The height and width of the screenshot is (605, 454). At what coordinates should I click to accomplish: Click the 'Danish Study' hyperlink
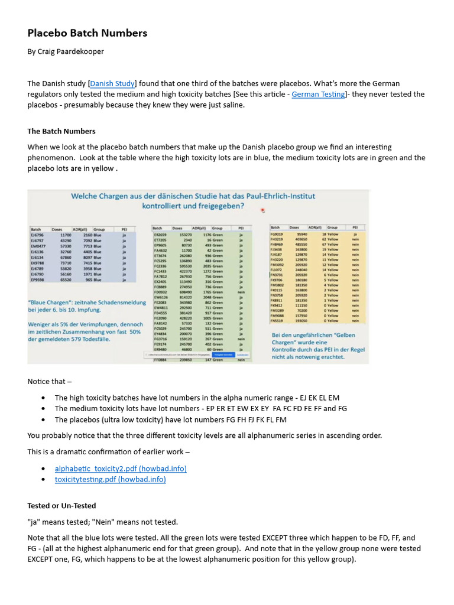[112, 84]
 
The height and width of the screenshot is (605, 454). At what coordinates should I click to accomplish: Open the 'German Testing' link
[318, 95]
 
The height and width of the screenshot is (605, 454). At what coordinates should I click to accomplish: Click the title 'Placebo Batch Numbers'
[87, 33]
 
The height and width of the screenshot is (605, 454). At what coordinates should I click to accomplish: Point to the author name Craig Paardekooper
[73, 51]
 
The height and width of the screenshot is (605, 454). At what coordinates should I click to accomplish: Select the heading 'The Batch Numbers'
[61, 131]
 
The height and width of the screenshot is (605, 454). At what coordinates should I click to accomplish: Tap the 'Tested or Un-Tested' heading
[61, 506]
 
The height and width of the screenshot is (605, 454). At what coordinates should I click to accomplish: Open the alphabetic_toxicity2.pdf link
[121, 469]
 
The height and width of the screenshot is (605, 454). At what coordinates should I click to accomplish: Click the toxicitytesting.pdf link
[110, 479]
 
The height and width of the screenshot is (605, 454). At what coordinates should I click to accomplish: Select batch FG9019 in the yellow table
[277, 234]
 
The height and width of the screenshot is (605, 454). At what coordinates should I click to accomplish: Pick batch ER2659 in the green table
[160, 235]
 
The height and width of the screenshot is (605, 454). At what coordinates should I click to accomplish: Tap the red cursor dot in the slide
[262, 210]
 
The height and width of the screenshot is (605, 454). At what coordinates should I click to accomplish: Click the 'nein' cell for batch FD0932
[241, 292]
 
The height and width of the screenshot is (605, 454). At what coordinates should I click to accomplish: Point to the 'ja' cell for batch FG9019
[355, 234]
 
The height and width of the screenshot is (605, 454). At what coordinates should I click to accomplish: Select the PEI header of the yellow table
[355, 227]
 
